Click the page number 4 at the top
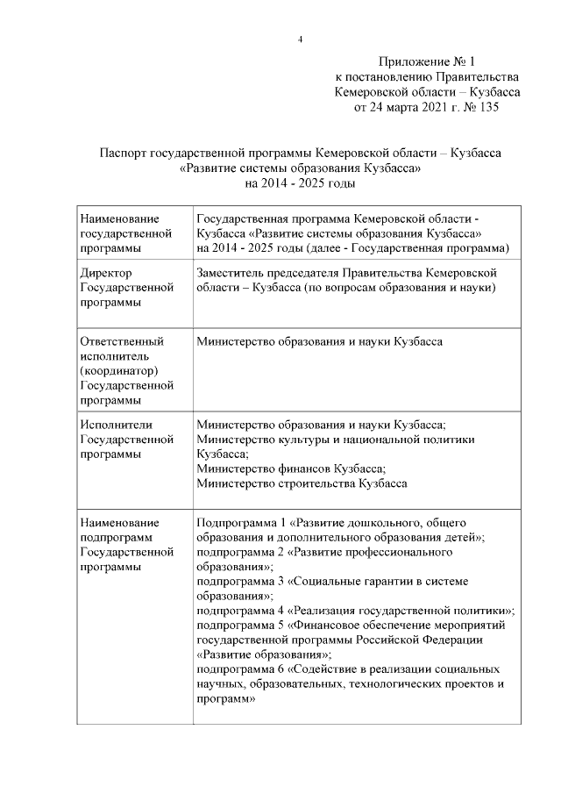point(300,39)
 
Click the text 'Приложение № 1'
point(426,61)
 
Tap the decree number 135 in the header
point(487,107)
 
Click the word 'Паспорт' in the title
point(123,153)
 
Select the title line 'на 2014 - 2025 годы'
point(300,183)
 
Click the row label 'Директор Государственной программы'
point(122,288)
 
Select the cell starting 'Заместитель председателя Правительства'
point(348,281)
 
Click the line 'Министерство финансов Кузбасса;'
point(292,469)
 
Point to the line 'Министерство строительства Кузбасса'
point(302,483)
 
